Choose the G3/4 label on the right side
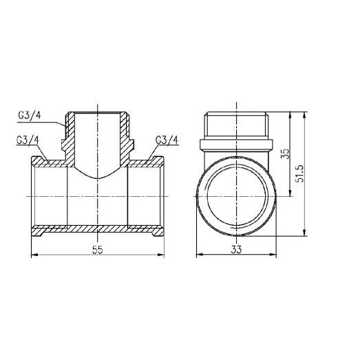coord(167,140)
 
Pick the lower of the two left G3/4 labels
coord(27,140)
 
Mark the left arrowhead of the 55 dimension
coord(35,255)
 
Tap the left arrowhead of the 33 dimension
coord(200,255)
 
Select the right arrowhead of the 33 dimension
coord(275,255)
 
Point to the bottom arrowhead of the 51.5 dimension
coord(304,234)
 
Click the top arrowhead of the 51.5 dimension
coord(304,113)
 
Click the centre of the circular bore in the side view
coord(237,196)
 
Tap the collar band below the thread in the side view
coord(237,145)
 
